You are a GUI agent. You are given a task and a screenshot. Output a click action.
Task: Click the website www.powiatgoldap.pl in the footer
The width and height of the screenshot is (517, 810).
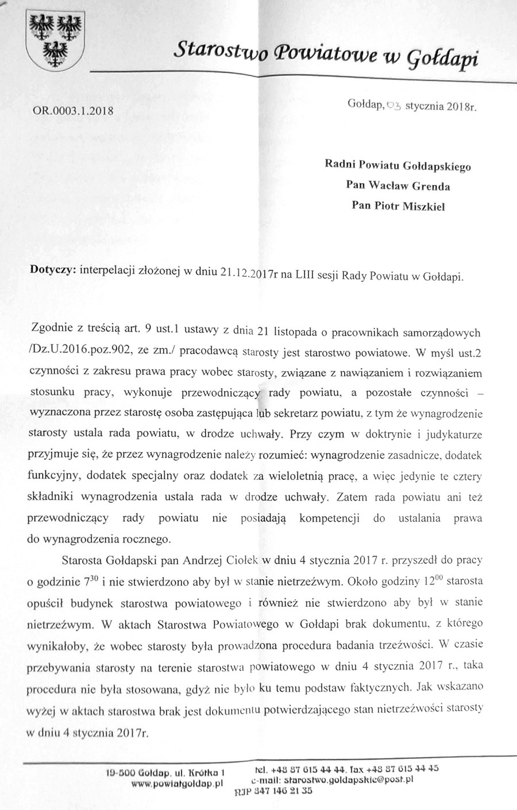coord(177,783)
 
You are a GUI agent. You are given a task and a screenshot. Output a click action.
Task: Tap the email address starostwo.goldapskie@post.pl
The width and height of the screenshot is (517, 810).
coord(339,780)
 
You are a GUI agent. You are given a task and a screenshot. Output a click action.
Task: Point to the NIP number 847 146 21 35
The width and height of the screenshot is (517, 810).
coord(281,791)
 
